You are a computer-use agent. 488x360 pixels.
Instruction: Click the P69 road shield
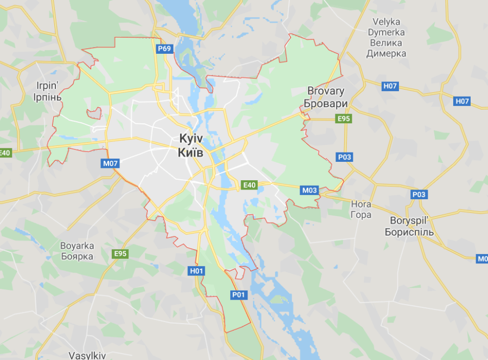(164, 49)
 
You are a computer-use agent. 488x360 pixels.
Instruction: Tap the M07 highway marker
(110, 163)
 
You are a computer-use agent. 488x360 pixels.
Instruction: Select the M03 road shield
(309, 190)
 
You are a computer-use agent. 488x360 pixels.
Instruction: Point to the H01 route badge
(197, 270)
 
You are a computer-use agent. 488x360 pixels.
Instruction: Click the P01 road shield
(239, 295)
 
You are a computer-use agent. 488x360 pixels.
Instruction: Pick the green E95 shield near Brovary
(344, 118)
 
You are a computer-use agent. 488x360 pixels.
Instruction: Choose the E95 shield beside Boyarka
(121, 254)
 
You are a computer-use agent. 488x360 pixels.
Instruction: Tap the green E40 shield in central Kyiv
(249, 185)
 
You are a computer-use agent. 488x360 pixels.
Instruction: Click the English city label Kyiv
(191, 138)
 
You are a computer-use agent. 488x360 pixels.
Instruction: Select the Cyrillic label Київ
(191, 153)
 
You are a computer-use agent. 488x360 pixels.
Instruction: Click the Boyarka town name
(77, 245)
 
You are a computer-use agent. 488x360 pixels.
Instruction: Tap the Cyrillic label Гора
(362, 214)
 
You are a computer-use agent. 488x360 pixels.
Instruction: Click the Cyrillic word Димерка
(386, 54)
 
